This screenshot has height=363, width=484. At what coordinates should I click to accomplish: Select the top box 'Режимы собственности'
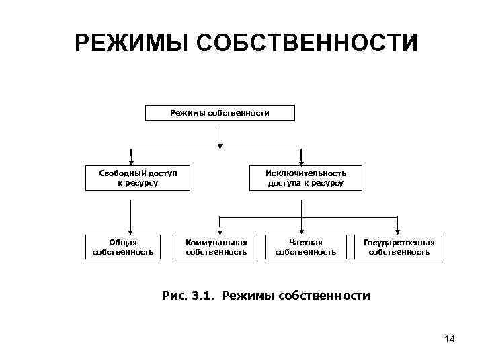(x=220, y=112)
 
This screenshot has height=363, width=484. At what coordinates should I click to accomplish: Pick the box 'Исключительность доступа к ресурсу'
(x=305, y=177)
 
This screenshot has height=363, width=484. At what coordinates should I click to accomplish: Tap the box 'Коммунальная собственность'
(x=216, y=247)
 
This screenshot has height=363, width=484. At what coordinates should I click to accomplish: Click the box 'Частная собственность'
(x=306, y=247)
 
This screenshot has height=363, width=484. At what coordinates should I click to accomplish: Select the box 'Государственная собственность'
(x=399, y=247)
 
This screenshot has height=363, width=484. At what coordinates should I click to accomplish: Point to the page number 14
(x=450, y=339)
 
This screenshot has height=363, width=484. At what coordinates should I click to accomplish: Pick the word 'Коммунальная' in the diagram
(x=216, y=243)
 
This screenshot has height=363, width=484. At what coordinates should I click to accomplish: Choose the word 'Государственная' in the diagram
(x=399, y=243)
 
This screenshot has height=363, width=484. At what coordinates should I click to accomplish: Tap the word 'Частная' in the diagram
(x=306, y=243)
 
